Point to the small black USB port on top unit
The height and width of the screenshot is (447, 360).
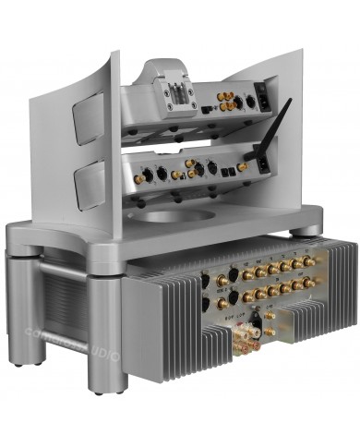(x=208, y=108)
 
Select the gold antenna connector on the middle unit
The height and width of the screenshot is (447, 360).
(x=244, y=167)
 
